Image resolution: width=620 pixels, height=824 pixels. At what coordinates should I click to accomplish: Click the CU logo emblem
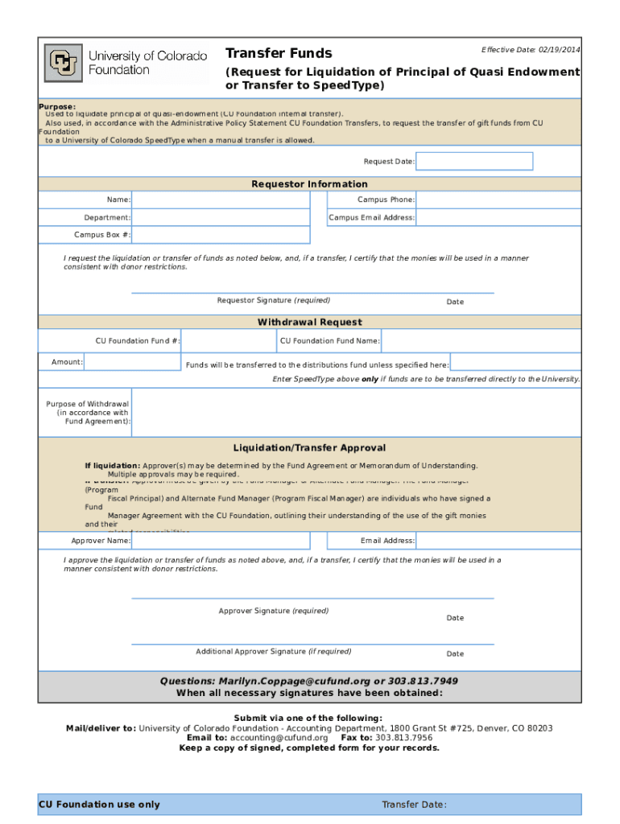pos(64,63)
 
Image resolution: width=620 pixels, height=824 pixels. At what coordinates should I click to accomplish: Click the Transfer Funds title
pos(279,53)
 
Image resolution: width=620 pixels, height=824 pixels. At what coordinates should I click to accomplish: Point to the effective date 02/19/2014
pos(559,50)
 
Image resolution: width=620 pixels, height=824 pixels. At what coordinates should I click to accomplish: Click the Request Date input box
pos(473,161)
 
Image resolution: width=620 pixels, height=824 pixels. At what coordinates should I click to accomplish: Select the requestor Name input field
pos(221,200)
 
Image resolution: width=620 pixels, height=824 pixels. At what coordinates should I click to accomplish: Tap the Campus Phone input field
pos(498,200)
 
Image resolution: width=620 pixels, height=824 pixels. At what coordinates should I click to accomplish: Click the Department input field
pos(221,217)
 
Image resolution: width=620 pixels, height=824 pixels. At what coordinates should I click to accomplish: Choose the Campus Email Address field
pos(498,217)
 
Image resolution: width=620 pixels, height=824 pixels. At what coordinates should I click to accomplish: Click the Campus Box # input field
pos(221,235)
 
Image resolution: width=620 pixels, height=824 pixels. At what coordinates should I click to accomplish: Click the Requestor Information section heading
pos(309,184)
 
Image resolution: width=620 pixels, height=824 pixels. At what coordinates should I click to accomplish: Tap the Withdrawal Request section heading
pos(309,323)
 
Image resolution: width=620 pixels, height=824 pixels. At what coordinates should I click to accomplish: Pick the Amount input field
pos(132,362)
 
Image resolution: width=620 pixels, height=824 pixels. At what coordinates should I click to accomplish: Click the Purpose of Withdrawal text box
pos(354,412)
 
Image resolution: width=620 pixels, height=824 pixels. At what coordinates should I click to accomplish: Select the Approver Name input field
pos(221,541)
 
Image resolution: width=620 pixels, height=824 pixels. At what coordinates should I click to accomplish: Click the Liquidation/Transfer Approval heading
pos(309,448)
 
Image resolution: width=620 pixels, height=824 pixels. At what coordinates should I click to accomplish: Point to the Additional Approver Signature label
pos(273,652)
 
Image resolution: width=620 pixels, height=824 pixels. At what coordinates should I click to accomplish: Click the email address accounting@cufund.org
pos(279,737)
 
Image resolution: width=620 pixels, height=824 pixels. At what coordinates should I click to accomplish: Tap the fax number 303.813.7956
pos(403,737)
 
